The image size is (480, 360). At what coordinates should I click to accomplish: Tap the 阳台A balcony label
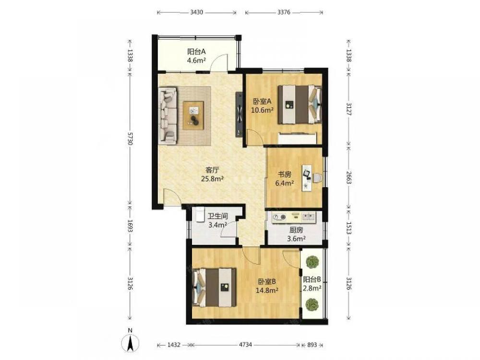pos(196,51)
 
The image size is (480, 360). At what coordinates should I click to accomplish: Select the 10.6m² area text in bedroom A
pos(262,110)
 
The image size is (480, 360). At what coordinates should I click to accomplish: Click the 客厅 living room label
pos(212,169)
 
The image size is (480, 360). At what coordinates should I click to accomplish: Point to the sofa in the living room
pos(168,116)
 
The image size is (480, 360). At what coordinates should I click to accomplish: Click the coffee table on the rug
pos(193,115)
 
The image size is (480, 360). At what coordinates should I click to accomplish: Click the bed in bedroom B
pos(215,288)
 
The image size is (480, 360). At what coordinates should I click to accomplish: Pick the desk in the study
pos(307,178)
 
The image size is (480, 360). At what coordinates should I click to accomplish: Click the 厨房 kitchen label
pos(296,229)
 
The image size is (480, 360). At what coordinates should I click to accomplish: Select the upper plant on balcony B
pos(312,263)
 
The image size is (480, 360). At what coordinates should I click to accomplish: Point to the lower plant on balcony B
pos(312,304)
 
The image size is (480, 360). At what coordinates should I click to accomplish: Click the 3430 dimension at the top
pos(196,12)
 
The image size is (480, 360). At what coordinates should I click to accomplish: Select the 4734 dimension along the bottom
pos(245,345)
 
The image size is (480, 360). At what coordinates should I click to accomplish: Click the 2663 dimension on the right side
pos(348,178)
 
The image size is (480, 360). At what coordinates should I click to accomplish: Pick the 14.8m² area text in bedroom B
pos(267,290)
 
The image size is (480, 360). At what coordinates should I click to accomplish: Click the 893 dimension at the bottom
pos(312,345)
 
